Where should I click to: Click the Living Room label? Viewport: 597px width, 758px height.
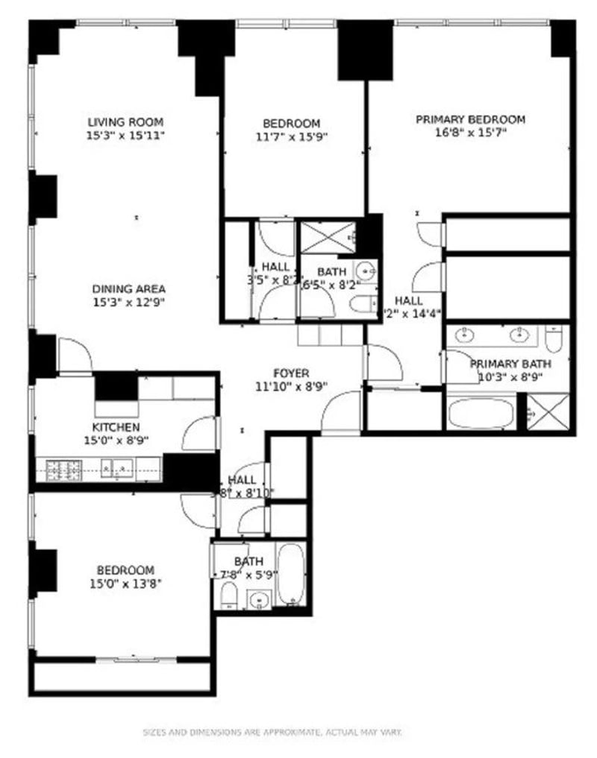click(x=125, y=122)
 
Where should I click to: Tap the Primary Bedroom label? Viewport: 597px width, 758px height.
click(x=470, y=119)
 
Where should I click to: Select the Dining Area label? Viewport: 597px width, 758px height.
click(x=128, y=289)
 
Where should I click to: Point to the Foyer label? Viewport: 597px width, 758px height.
click(x=291, y=373)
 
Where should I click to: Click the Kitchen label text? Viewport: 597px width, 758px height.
click(x=116, y=427)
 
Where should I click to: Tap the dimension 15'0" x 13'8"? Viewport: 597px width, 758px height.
click(x=125, y=584)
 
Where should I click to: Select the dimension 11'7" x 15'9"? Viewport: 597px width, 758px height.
click(x=291, y=136)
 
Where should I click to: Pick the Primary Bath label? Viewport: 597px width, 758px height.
click(x=510, y=364)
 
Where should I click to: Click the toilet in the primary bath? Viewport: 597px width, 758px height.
click(x=553, y=340)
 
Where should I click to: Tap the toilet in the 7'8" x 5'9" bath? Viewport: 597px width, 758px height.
click(x=230, y=595)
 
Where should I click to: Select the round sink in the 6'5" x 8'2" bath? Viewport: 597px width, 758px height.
click(x=365, y=270)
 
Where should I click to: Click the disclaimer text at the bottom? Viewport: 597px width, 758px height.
click(x=272, y=733)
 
